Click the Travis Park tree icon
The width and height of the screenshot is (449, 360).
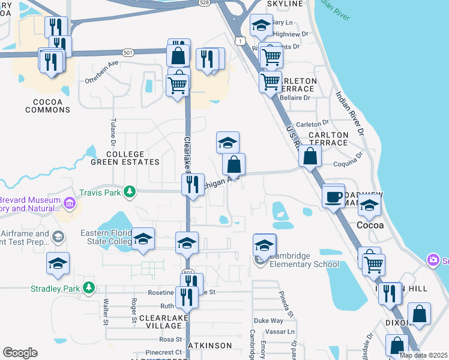coord(129,191)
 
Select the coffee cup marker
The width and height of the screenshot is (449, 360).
coord(333,196)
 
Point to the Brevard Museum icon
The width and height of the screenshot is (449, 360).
coord(70,202)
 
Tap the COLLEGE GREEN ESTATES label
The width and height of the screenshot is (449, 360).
coord(125,158)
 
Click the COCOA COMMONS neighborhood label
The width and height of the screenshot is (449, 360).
coord(48,106)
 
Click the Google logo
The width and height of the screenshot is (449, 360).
coord(20,353)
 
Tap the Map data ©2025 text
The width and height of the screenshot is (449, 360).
coord(423,355)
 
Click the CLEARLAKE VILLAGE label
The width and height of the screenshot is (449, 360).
coord(160,321)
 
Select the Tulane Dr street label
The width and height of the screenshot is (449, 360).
coord(112,132)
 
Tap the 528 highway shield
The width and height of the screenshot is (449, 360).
coord(204,3)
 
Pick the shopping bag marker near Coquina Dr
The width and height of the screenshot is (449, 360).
coord(310,156)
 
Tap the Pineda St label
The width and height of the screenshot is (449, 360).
coord(286,304)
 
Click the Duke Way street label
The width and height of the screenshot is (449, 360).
coord(268,321)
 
